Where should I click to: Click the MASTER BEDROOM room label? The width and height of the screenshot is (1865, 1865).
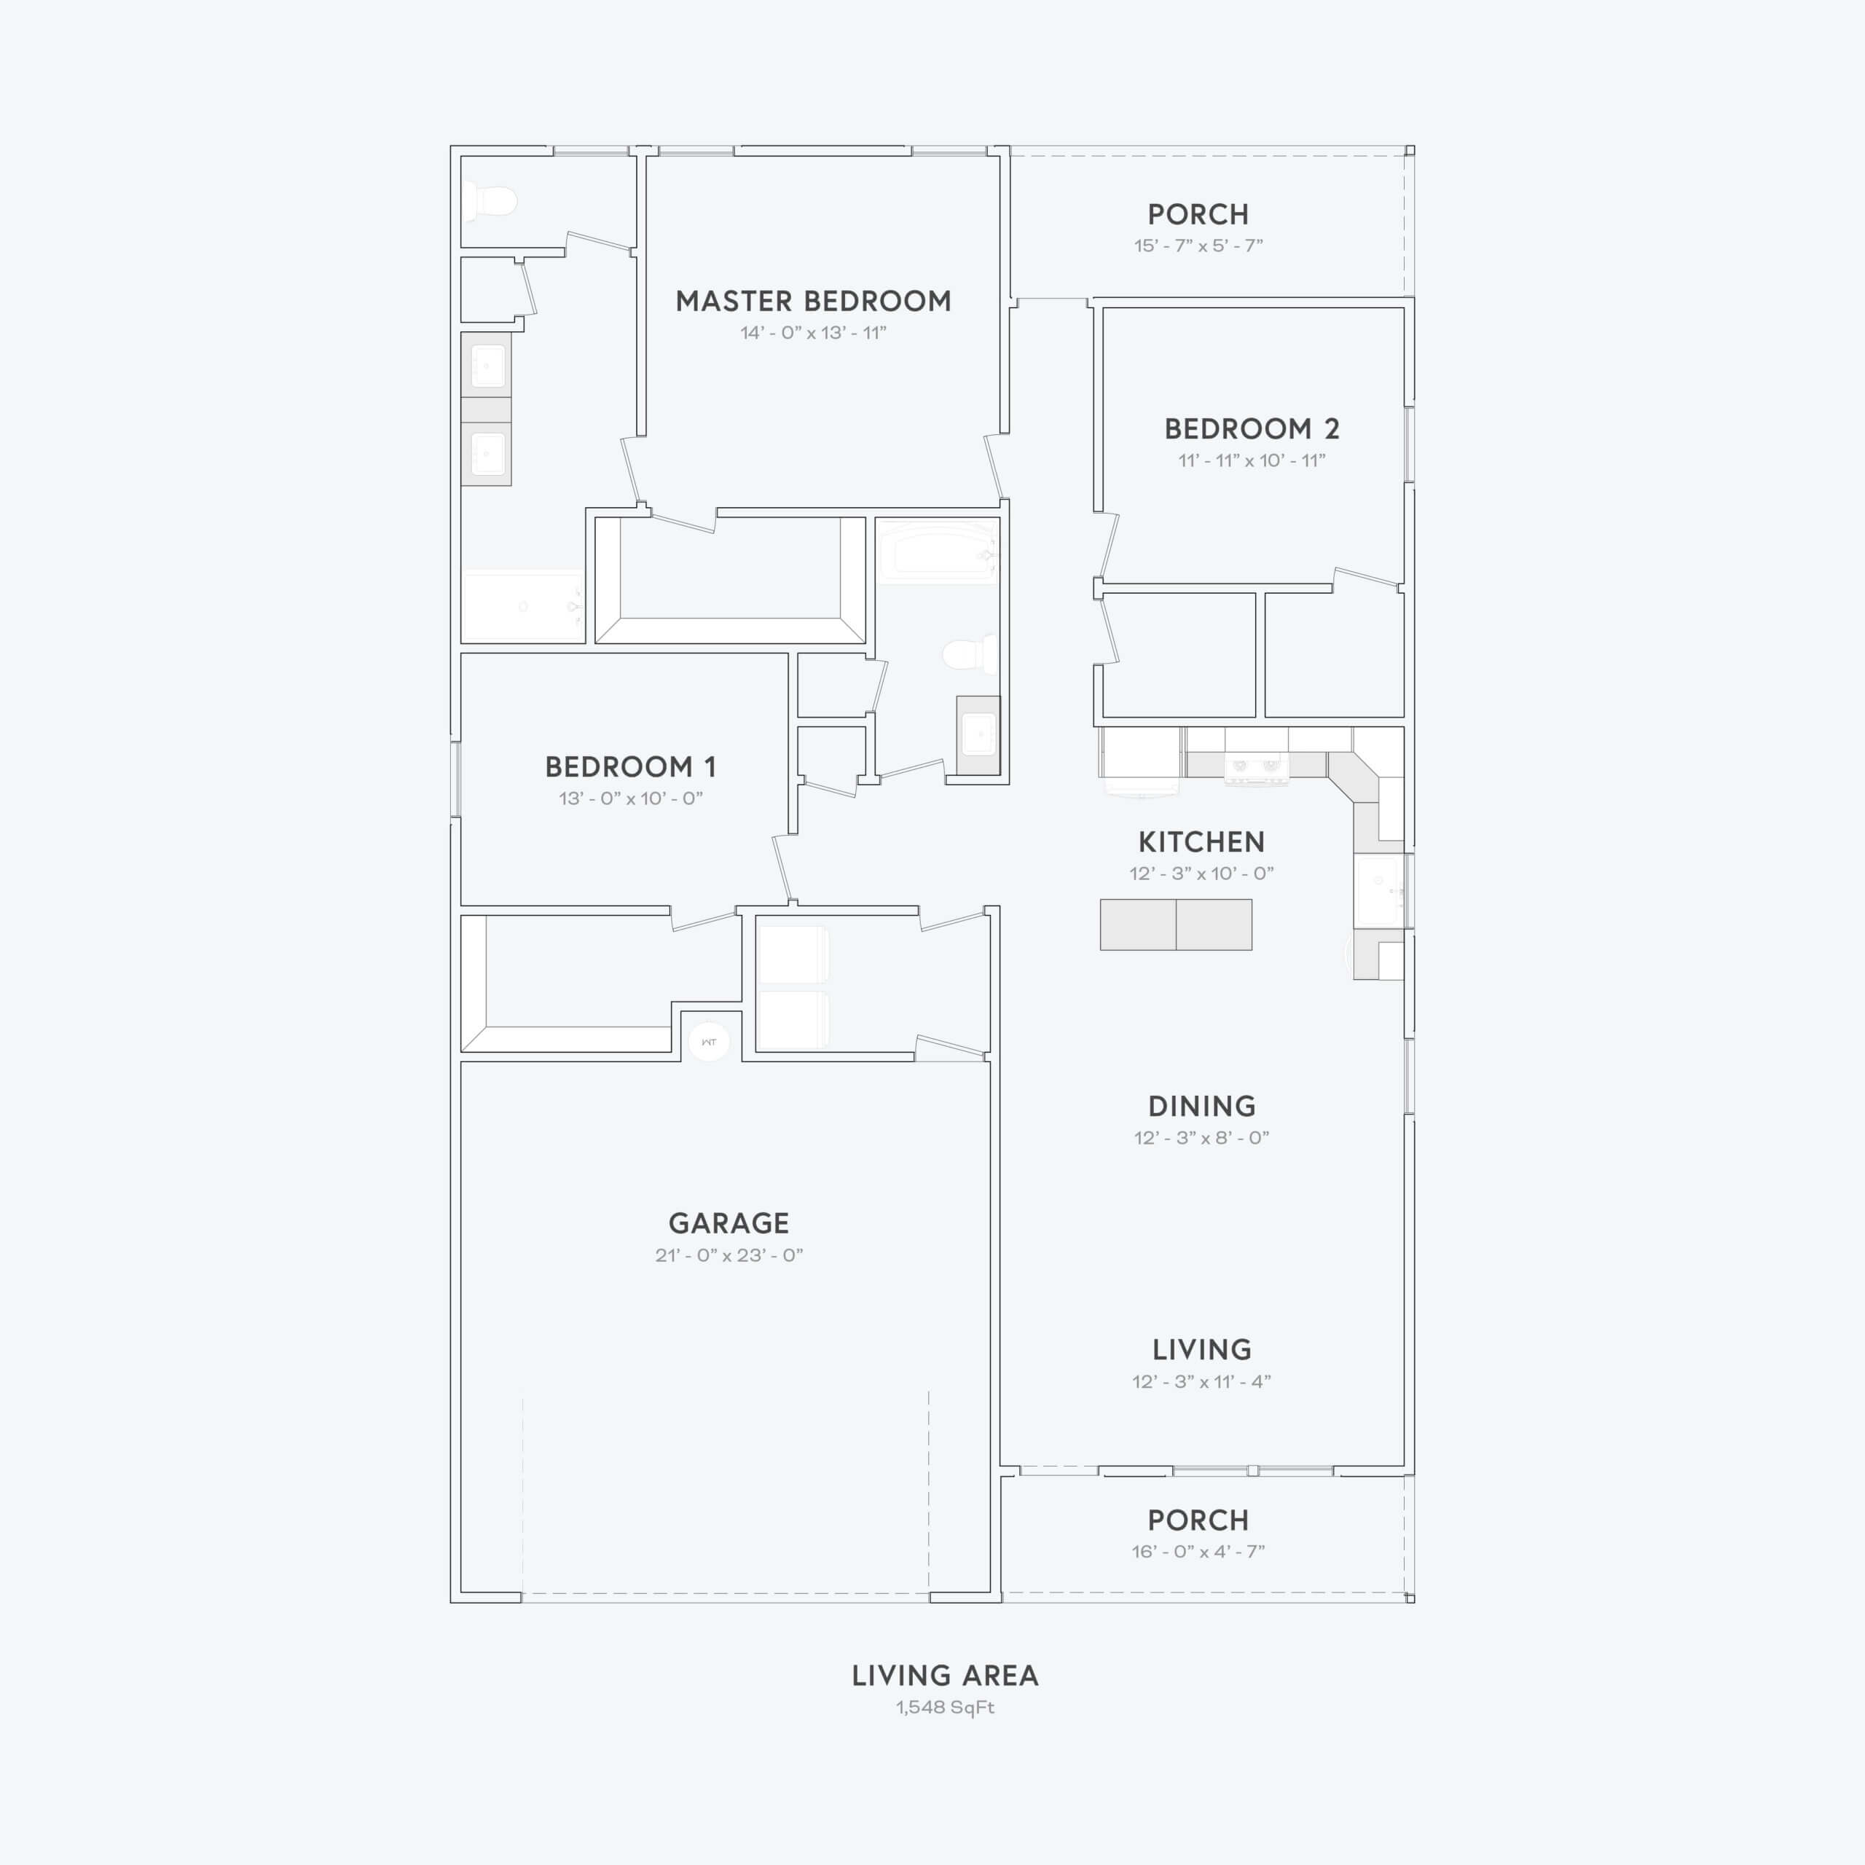(x=813, y=301)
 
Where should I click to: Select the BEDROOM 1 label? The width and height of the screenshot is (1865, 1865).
(x=630, y=766)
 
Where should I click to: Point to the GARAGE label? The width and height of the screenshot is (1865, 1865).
(x=729, y=1223)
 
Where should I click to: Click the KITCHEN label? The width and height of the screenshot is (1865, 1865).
(x=1201, y=841)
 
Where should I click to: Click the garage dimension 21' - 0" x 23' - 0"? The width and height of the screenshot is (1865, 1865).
(x=729, y=1255)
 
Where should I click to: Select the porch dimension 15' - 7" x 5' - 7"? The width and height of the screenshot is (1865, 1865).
(x=1198, y=246)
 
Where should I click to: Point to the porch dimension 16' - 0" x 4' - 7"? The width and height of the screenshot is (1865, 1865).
(x=1198, y=1551)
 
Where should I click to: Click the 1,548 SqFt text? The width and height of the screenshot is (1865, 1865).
(x=945, y=1707)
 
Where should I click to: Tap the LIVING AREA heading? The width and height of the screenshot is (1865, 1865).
(x=945, y=1676)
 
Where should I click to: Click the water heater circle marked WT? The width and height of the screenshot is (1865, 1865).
(x=709, y=1042)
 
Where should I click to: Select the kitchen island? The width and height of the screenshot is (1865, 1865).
(x=1176, y=924)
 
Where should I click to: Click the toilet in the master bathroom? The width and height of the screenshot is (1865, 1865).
(x=490, y=202)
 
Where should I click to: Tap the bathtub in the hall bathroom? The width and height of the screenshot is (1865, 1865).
(x=936, y=553)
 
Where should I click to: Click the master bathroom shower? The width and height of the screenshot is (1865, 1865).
(x=523, y=606)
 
